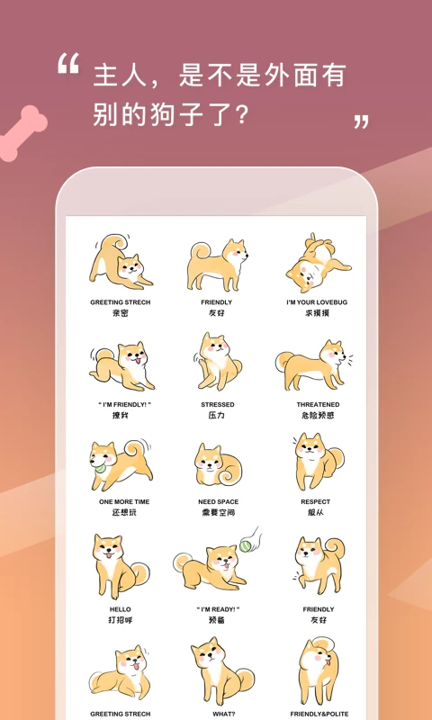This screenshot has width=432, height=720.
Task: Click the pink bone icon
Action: point(20,134)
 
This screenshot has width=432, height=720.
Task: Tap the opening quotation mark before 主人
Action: point(68,65)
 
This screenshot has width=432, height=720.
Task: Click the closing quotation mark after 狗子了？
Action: point(361,121)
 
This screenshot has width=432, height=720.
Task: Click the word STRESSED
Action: point(217,405)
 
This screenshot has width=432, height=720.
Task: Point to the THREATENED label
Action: point(318,405)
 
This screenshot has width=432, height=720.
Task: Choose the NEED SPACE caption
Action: point(217,501)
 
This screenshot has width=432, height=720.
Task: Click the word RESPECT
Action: point(315,501)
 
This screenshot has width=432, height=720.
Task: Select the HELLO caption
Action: point(120,609)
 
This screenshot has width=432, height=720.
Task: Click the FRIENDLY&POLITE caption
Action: point(319,714)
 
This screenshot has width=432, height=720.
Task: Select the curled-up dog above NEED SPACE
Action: point(217,464)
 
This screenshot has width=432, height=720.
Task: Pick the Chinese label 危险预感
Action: point(318,416)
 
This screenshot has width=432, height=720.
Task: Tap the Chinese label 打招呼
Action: point(120,620)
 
